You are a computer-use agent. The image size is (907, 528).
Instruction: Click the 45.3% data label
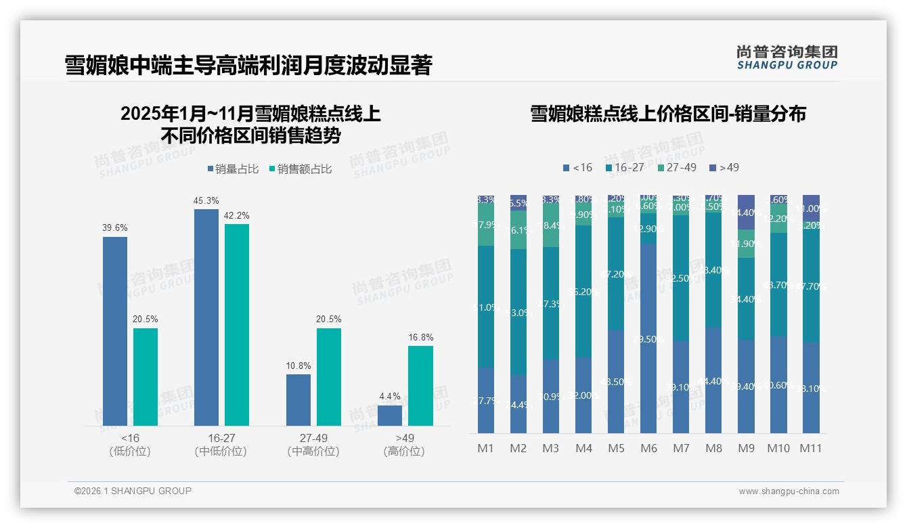tap(206, 201)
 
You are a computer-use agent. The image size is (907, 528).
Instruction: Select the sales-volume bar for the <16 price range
tap(115, 331)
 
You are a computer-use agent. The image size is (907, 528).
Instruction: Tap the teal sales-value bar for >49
tap(420, 386)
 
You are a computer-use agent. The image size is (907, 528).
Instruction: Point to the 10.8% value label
tap(298, 366)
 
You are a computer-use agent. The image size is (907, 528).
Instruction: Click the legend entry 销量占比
tap(233, 169)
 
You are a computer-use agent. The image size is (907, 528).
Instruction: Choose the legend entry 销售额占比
tap(301, 169)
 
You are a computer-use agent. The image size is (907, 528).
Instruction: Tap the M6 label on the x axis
tap(648, 448)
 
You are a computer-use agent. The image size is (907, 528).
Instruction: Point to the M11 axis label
tap(810, 448)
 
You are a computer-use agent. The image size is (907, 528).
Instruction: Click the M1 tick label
tap(485, 448)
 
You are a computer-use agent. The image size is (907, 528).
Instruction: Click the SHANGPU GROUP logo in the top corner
tap(787, 57)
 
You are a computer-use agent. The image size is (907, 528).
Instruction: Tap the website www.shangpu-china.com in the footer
tap(789, 491)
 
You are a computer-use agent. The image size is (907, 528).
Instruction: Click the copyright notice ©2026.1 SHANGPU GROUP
tap(133, 491)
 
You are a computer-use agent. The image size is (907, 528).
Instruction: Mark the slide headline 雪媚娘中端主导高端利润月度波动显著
tap(248, 66)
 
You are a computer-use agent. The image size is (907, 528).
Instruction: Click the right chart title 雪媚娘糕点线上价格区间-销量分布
tap(667, 114)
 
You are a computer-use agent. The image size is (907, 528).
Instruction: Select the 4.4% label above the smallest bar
tap(390, 397)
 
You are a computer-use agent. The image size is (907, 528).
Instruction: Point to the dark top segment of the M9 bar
tap(745, 212)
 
